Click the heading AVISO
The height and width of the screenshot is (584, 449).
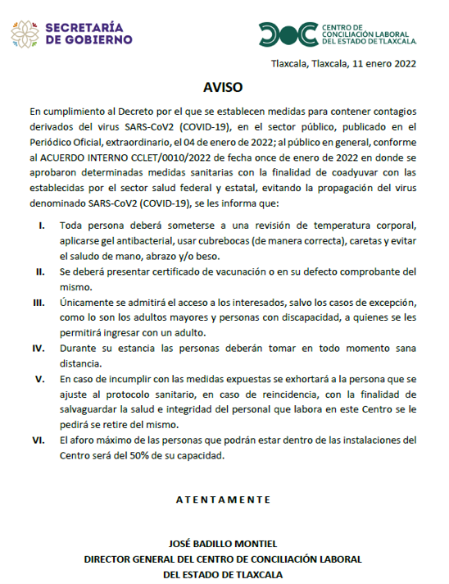click(x=223, y=85)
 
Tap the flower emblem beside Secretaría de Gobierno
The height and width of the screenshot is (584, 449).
click(x=25, y=33)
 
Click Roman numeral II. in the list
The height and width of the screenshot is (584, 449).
click(x=40, y=271)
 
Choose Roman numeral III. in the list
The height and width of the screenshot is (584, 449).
click(x=39, y=303)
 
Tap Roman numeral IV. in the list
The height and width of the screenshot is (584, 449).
click(x=39, y=348)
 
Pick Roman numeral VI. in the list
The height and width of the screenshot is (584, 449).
click(x=39, y=440)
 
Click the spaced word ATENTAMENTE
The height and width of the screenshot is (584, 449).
click(x=223, y=499)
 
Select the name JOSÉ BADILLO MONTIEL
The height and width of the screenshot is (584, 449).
click(x=223, y=544)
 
